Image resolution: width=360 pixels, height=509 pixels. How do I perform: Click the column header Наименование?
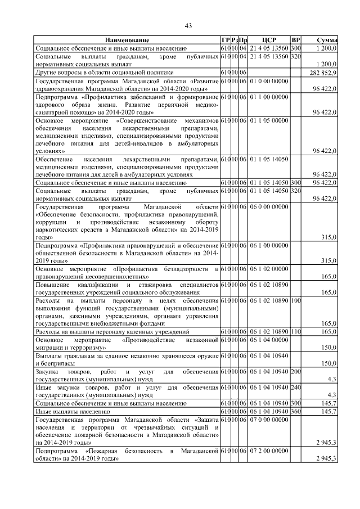click(x=127, y=40)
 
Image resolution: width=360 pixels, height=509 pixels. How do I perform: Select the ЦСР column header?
click(x=269, y=40)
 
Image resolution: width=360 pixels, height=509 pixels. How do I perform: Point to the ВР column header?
click(x=296, y=40)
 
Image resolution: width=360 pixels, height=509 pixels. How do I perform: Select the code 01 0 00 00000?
click(x=269, y=81)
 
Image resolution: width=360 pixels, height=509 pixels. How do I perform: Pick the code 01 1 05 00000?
click(x=269, y=120)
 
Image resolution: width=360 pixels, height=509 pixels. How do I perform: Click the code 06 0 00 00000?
click(x=269, y=208)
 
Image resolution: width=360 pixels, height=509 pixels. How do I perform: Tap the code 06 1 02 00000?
click(x=269, y=269)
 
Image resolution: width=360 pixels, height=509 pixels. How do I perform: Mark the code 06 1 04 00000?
click(x=269, y=341)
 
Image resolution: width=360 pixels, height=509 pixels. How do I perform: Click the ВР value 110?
click(x=296, y=333)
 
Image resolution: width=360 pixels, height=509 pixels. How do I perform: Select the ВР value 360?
click(x=296, y=412)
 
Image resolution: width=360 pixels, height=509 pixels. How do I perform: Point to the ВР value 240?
click(x=296, y=388)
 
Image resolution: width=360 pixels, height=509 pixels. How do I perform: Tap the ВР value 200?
click(x=296, y=372)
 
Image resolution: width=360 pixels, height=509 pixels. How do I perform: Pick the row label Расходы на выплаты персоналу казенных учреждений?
click(x=112, y=333)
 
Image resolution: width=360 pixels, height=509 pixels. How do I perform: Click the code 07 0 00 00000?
click(x=269, y=420)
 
